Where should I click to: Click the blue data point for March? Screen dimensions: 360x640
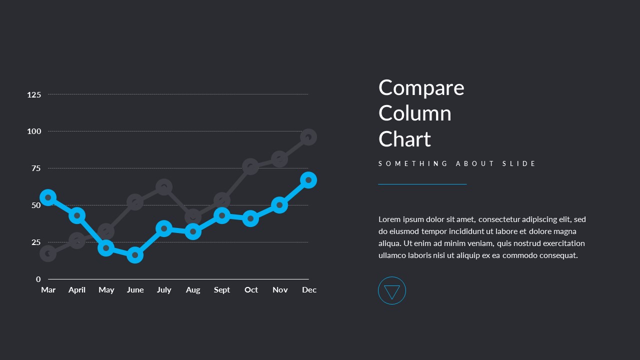(x=48, y=197)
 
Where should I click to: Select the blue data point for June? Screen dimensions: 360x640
(x=135, y=255)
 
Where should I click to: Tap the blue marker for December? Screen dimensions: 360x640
(x=308, y=180)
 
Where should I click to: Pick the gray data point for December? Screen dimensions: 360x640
(x=308, y=137)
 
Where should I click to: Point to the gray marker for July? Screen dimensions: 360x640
(x=164, y=187)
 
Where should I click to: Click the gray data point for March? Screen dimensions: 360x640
(x=48, y=254)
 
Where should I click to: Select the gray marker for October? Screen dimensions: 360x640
(x=250, y=166)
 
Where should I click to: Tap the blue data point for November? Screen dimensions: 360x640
(x=279, y=205)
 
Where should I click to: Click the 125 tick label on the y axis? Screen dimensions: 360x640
(x=34, y=94)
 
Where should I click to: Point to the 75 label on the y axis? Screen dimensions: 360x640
(x=36, y=168)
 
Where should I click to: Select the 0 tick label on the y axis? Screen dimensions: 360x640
(x=38, y=279)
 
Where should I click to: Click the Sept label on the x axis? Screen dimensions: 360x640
(x=222, y=290)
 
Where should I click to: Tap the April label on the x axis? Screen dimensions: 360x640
(x=77, y=290)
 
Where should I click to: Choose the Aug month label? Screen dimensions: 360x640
(x=193, y=290)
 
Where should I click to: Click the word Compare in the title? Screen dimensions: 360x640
(x=421, y=88)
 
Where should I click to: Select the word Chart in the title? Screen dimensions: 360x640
(x=404, y=139)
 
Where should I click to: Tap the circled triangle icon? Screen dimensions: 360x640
(x=392, y=291)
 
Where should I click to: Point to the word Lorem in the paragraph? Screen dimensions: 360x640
(x=389, y=219)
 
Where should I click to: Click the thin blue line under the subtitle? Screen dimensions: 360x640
(x=422, y=184)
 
